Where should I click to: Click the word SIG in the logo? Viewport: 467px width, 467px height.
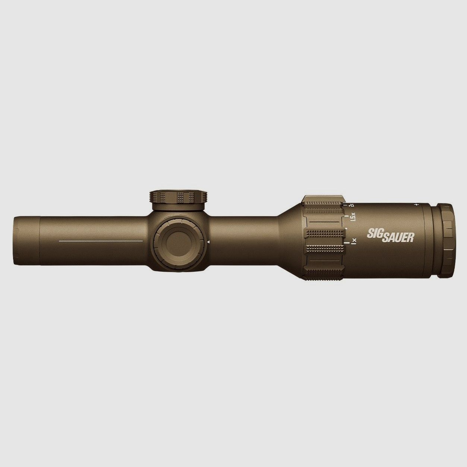tap(374, 233)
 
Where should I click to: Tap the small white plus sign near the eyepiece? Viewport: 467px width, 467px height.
tap(416, 205)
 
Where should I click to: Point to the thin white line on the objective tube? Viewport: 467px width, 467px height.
tap(101, 241)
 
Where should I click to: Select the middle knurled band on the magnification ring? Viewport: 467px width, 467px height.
tap(324, 233)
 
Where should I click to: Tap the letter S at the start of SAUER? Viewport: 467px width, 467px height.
tap(385, 237)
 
